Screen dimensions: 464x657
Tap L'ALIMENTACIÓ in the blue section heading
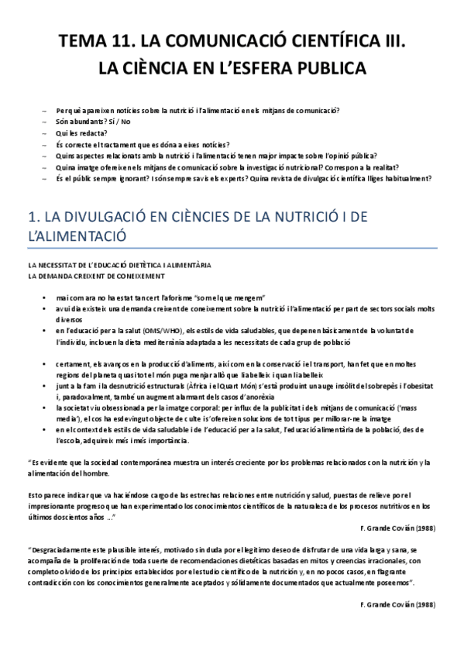pos(74,236)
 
